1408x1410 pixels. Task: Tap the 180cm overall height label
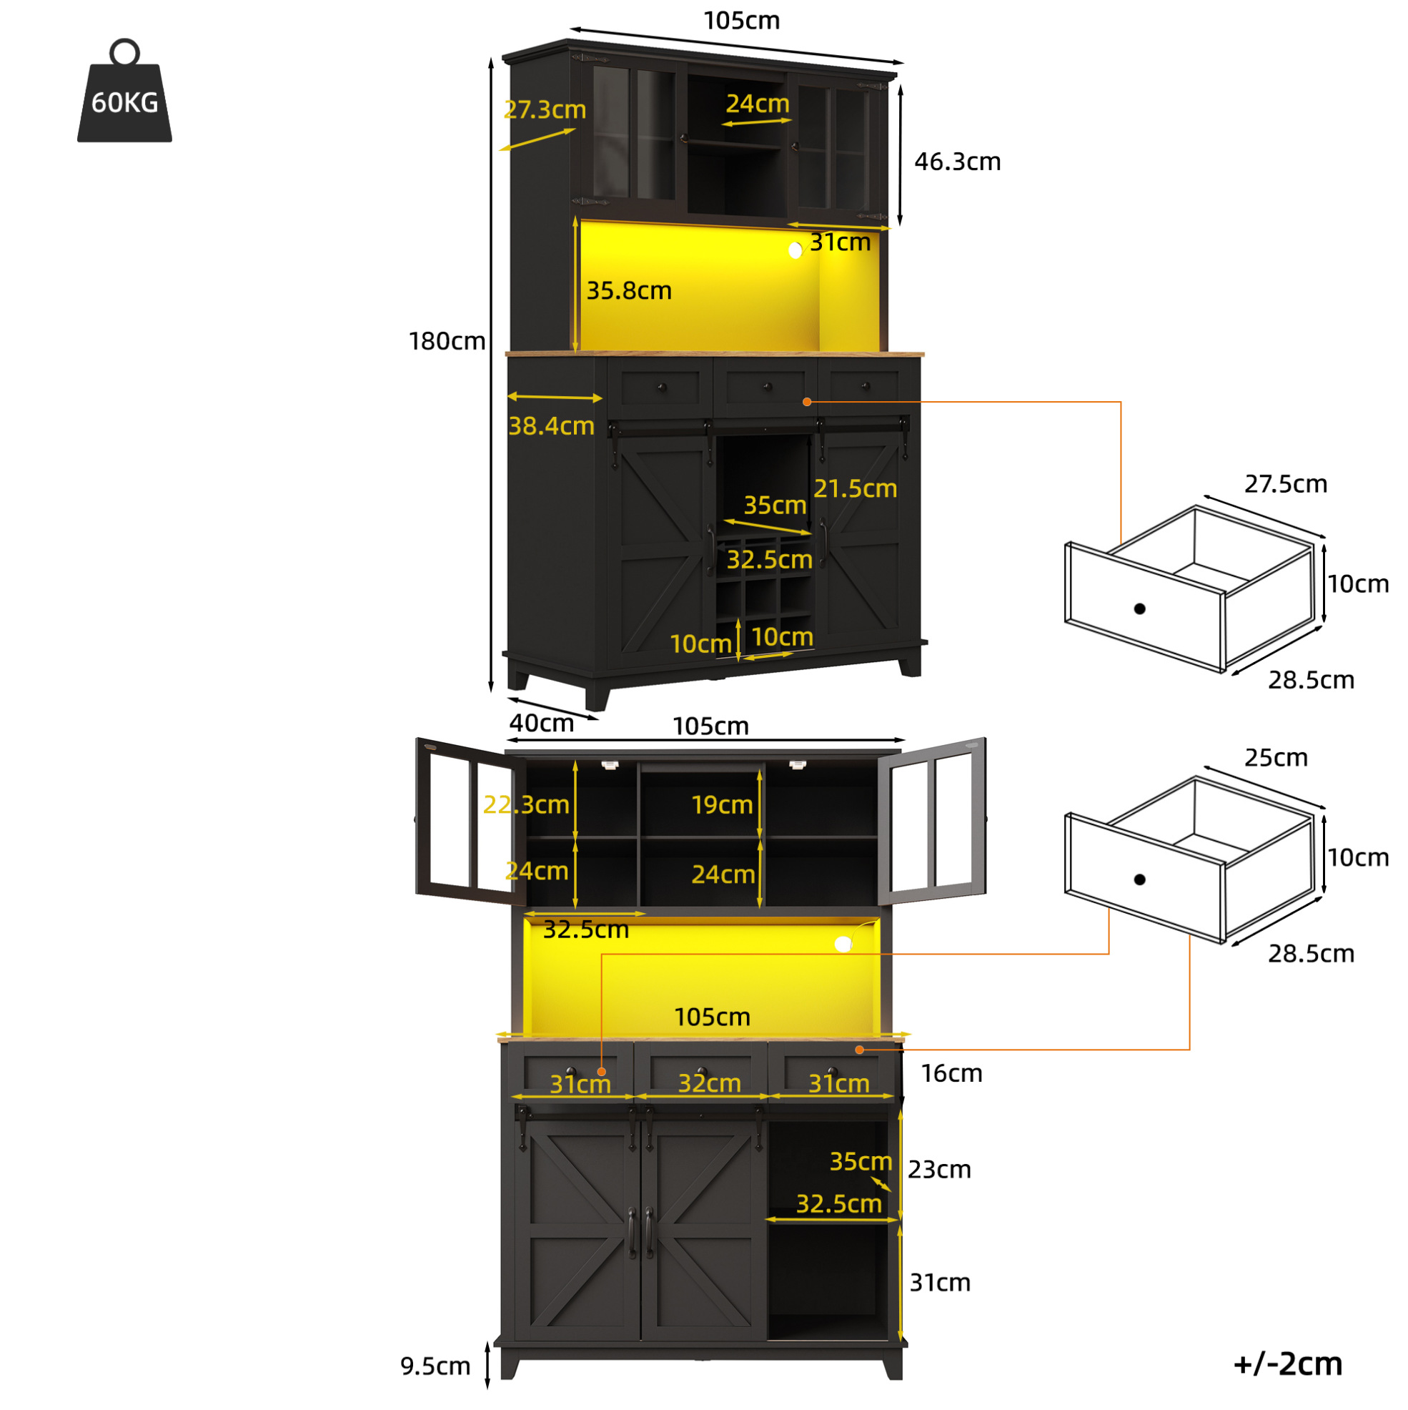pos(447,341)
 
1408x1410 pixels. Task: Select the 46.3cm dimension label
pos(957,162)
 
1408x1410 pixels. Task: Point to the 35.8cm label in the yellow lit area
pos(629,290)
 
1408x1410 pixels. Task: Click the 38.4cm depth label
pos(551,425)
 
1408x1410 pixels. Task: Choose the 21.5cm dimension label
pos(855,488)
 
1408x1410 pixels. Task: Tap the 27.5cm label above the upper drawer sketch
pos(1286,484)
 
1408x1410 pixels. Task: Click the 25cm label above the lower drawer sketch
pos(1276,757)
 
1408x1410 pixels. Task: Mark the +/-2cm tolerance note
pos(1288,1364)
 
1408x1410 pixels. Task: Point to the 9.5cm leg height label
pos(435,1366)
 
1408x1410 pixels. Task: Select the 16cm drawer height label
pos(951,1073)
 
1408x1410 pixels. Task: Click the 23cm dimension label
pos(939,1169)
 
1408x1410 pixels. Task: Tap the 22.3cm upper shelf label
pos(526,804)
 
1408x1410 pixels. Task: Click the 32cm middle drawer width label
pos(709,1083)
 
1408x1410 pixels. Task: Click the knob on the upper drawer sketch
pos(1139,608)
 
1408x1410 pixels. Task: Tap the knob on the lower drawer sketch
pos(1139,879)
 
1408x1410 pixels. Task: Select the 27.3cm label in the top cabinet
pos(545,109)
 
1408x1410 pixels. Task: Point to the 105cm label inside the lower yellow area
pos(712,1017)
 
